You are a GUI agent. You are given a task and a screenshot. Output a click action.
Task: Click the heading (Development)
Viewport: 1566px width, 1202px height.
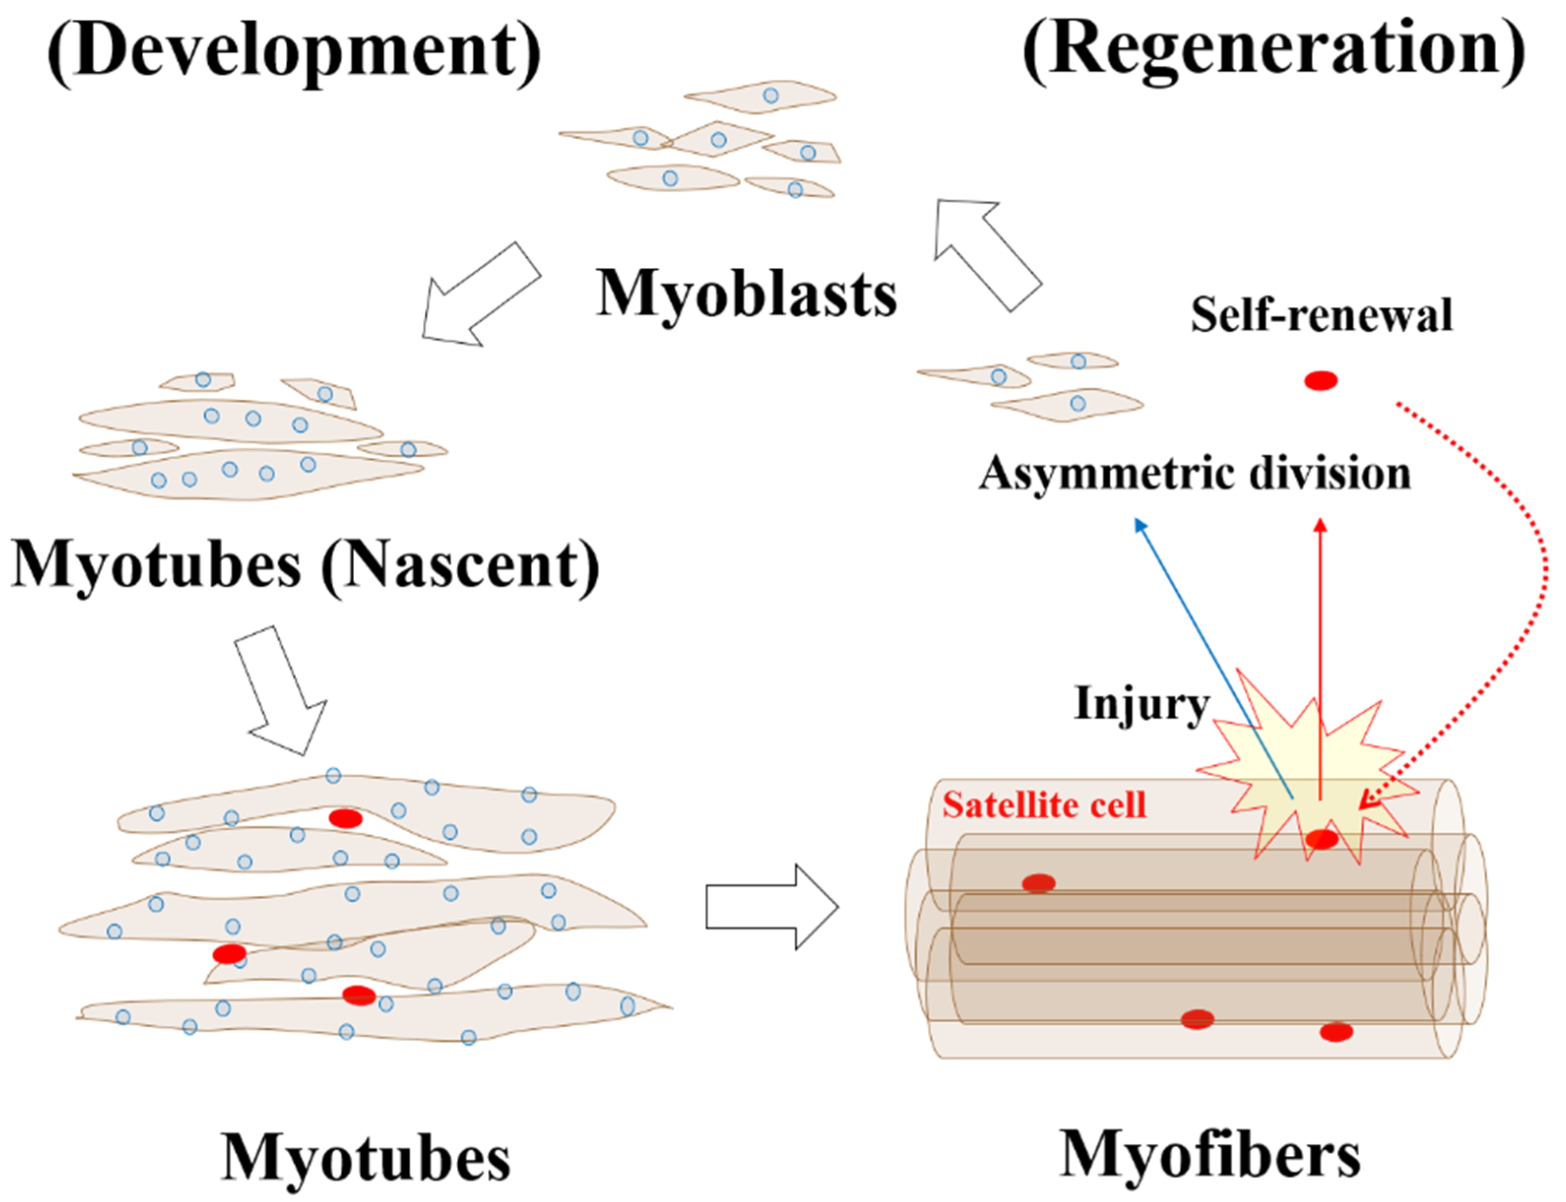coord(294,50)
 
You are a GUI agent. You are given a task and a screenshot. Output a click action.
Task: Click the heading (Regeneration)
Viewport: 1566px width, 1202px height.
coord(1273,50)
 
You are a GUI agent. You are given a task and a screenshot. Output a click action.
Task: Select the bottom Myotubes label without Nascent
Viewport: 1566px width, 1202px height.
coord(366,1158)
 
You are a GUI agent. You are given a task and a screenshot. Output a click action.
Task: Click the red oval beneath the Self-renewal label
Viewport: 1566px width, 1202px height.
coord(1320,380)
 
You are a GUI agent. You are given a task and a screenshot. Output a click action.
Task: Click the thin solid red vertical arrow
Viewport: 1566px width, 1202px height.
coord(1320,644)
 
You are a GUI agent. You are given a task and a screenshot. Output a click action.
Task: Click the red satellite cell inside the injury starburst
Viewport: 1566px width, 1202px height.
coord(1321,839)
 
